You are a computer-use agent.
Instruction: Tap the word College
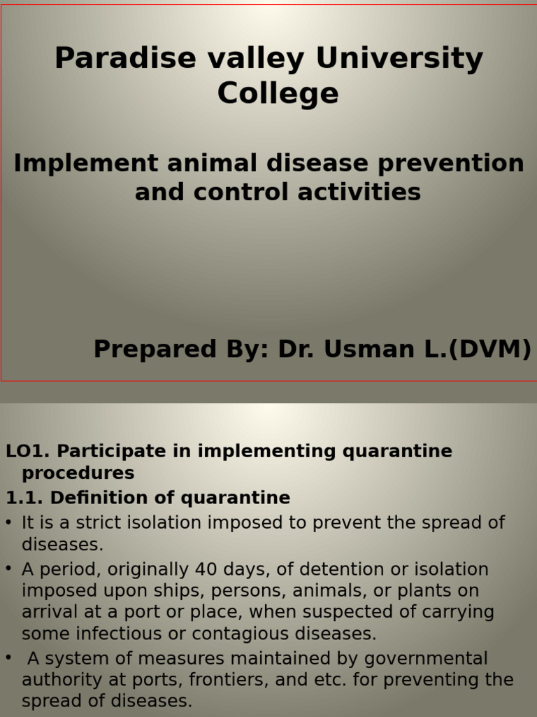pyautogui.click(x=278, y=94)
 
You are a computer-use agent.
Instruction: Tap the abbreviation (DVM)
pyautogui.click(x=489, y=349)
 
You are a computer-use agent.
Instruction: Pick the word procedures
pyautogui.click(x=78, y=473)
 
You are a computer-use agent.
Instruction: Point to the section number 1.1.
pyautogui.click(x=24, y=498)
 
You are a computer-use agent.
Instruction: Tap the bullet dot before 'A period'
pyautogui.click(x=8, y=569)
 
